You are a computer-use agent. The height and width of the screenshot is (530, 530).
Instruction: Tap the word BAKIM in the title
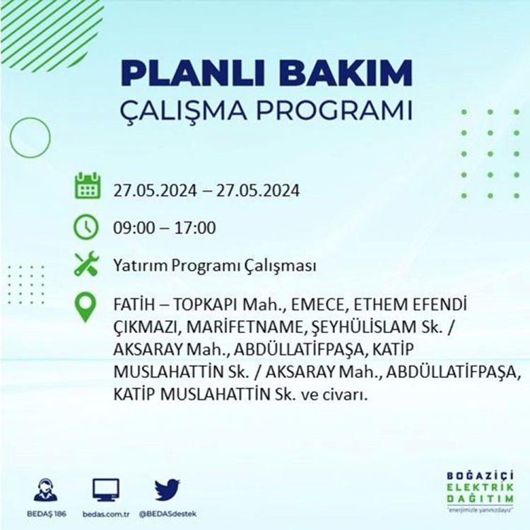pos(345,73)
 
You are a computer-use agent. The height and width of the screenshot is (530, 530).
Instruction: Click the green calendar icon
pos(88,185)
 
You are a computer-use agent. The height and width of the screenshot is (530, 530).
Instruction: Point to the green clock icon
pos(86,227)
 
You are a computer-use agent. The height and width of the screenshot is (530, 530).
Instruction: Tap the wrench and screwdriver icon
pos(86,264)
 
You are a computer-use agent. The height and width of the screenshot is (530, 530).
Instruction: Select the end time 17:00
pos(195,228)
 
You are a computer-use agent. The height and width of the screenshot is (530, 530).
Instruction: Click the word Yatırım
pos(141,266)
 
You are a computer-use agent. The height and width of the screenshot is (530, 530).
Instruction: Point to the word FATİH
pos(133,305)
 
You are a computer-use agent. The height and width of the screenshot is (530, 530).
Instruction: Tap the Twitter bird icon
pos(167,490)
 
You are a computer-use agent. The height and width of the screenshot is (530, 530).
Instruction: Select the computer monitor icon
pos(106,490)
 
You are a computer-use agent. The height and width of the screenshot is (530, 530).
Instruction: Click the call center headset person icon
pos(46,490)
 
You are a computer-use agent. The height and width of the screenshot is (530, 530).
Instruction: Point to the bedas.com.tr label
pos(106,514)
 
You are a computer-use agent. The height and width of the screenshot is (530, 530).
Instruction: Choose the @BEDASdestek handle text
pos(167,514)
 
